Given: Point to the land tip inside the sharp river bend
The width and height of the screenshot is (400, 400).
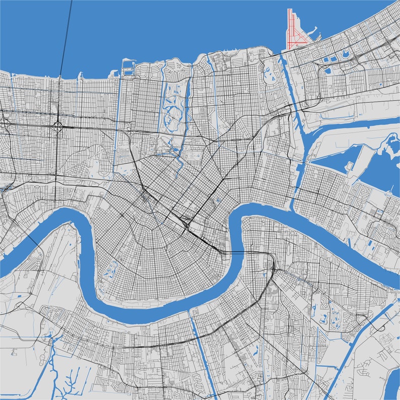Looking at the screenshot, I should coord(242,222).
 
